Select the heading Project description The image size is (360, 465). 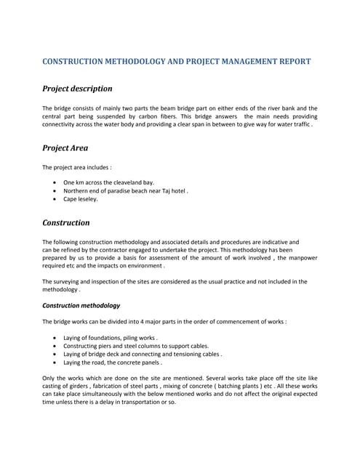[77, 89]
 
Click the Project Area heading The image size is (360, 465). [65, 147]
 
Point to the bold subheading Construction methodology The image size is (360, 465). [81, 306]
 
